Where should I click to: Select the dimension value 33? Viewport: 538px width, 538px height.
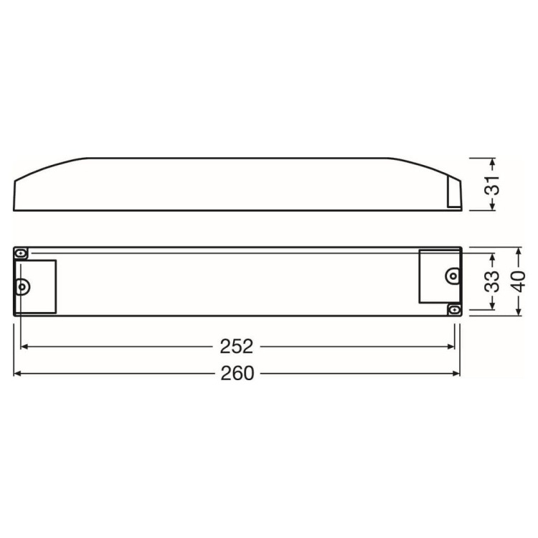491,282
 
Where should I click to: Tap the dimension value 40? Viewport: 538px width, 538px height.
519,282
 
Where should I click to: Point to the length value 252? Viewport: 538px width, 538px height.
236,346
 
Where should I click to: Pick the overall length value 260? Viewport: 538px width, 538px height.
236,374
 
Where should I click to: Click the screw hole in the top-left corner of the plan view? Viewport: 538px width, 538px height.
22,253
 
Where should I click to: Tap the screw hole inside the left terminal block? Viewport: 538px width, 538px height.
22,286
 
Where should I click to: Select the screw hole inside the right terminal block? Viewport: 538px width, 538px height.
452,275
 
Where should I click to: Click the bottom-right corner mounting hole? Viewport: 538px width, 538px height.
453,309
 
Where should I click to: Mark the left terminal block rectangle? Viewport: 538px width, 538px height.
36,286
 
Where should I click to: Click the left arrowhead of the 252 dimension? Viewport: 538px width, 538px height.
24,346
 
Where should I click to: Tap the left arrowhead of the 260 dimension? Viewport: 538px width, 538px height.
18,374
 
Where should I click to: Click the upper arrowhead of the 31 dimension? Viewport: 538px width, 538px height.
491,161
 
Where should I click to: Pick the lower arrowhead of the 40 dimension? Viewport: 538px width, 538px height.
519,312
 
